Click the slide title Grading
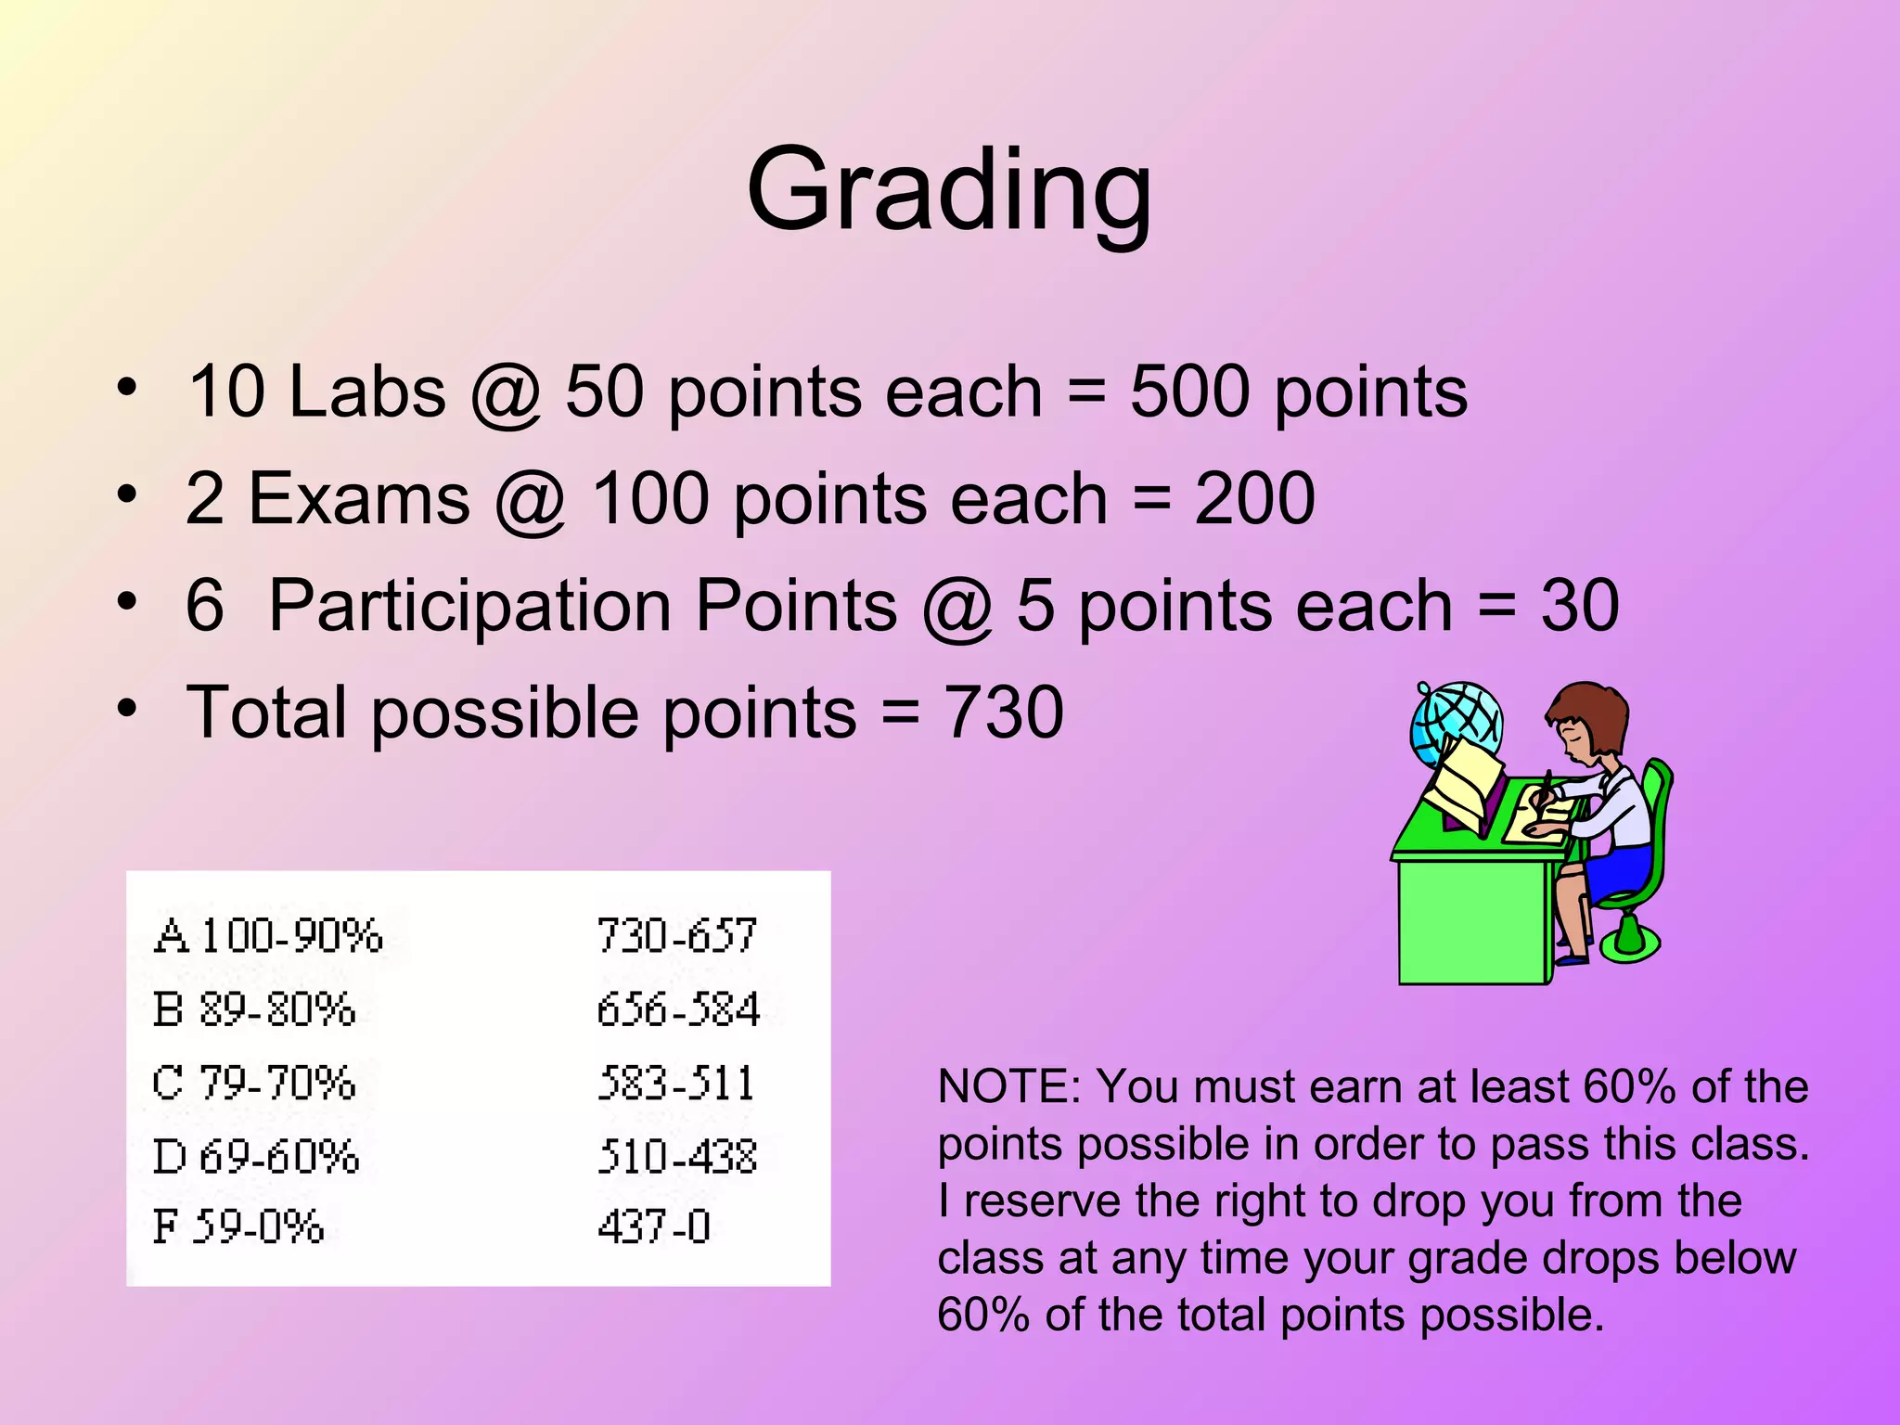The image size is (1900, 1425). tap(949, 190)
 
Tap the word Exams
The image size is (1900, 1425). tap(360, 499)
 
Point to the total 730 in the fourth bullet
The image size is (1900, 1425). tap(1003, 712)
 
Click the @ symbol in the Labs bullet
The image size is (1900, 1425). tap(506, 393)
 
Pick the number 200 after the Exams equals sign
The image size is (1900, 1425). tap(1253, 499)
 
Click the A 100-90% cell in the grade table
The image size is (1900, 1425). tap(268, 935)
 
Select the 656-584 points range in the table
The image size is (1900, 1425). tap(678, 1009)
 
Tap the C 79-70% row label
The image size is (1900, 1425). tap(253, 1083)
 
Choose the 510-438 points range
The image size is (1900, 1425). tap(677, 1157)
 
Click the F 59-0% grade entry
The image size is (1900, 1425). tap(238, 1226)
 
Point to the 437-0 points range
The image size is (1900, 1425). tap(654, 1226)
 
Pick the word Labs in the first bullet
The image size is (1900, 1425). tap(367, 392)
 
